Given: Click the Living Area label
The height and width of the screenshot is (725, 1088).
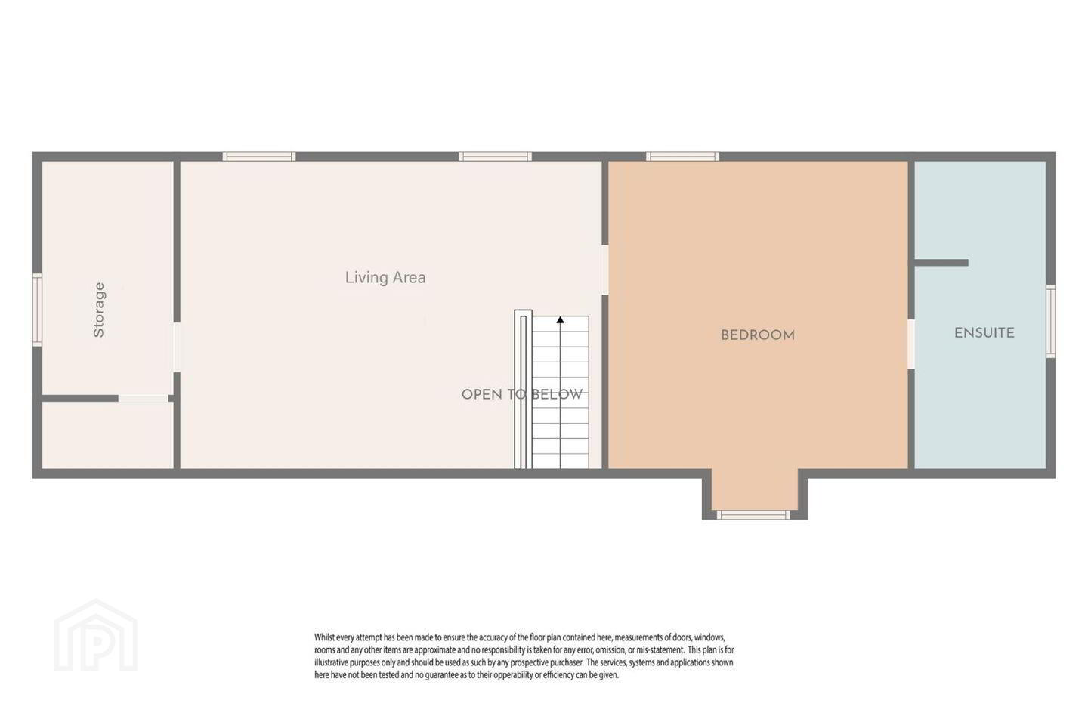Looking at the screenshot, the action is (x=385, y=277).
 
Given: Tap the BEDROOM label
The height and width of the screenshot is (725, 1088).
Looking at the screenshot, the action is (x=758, y=335).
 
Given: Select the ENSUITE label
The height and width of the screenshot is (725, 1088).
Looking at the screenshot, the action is (x=984, y=333).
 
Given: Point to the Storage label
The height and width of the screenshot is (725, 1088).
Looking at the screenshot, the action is (x=98, y=310).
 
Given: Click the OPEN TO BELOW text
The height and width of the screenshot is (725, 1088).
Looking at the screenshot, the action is (x=522, y=394).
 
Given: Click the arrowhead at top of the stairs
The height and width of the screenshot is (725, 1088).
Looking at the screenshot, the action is (x=560, y=320).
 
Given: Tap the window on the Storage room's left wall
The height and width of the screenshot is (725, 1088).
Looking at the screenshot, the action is (x=38, y=310).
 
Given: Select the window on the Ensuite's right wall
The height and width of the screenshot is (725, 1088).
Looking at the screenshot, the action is (x=1050, y=322).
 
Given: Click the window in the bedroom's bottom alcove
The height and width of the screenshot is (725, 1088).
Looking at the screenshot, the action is (x=753, y=515).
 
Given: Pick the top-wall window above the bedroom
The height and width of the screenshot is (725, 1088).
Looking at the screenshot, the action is (x=682, y=156).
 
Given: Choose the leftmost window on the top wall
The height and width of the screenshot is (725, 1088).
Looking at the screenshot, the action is (x=259, y=156).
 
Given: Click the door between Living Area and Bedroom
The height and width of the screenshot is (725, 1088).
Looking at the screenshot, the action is (x=604, y=270).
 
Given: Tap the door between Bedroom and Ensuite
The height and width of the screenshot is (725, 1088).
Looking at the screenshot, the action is (x=911, y=344).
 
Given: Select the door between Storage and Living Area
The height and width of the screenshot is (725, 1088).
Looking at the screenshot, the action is (x=177, y=347).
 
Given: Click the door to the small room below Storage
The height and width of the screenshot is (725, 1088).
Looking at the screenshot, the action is (x=144, y=399).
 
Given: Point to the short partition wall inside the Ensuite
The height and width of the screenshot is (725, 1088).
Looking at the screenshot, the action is (x=941, y=263).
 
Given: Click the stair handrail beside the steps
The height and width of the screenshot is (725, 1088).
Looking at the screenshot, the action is (x=523, y=390).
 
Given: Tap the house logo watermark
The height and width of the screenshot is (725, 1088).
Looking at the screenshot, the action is (x=96, y=635).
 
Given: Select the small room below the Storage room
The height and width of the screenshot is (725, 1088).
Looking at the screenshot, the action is (x=108, y=435).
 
